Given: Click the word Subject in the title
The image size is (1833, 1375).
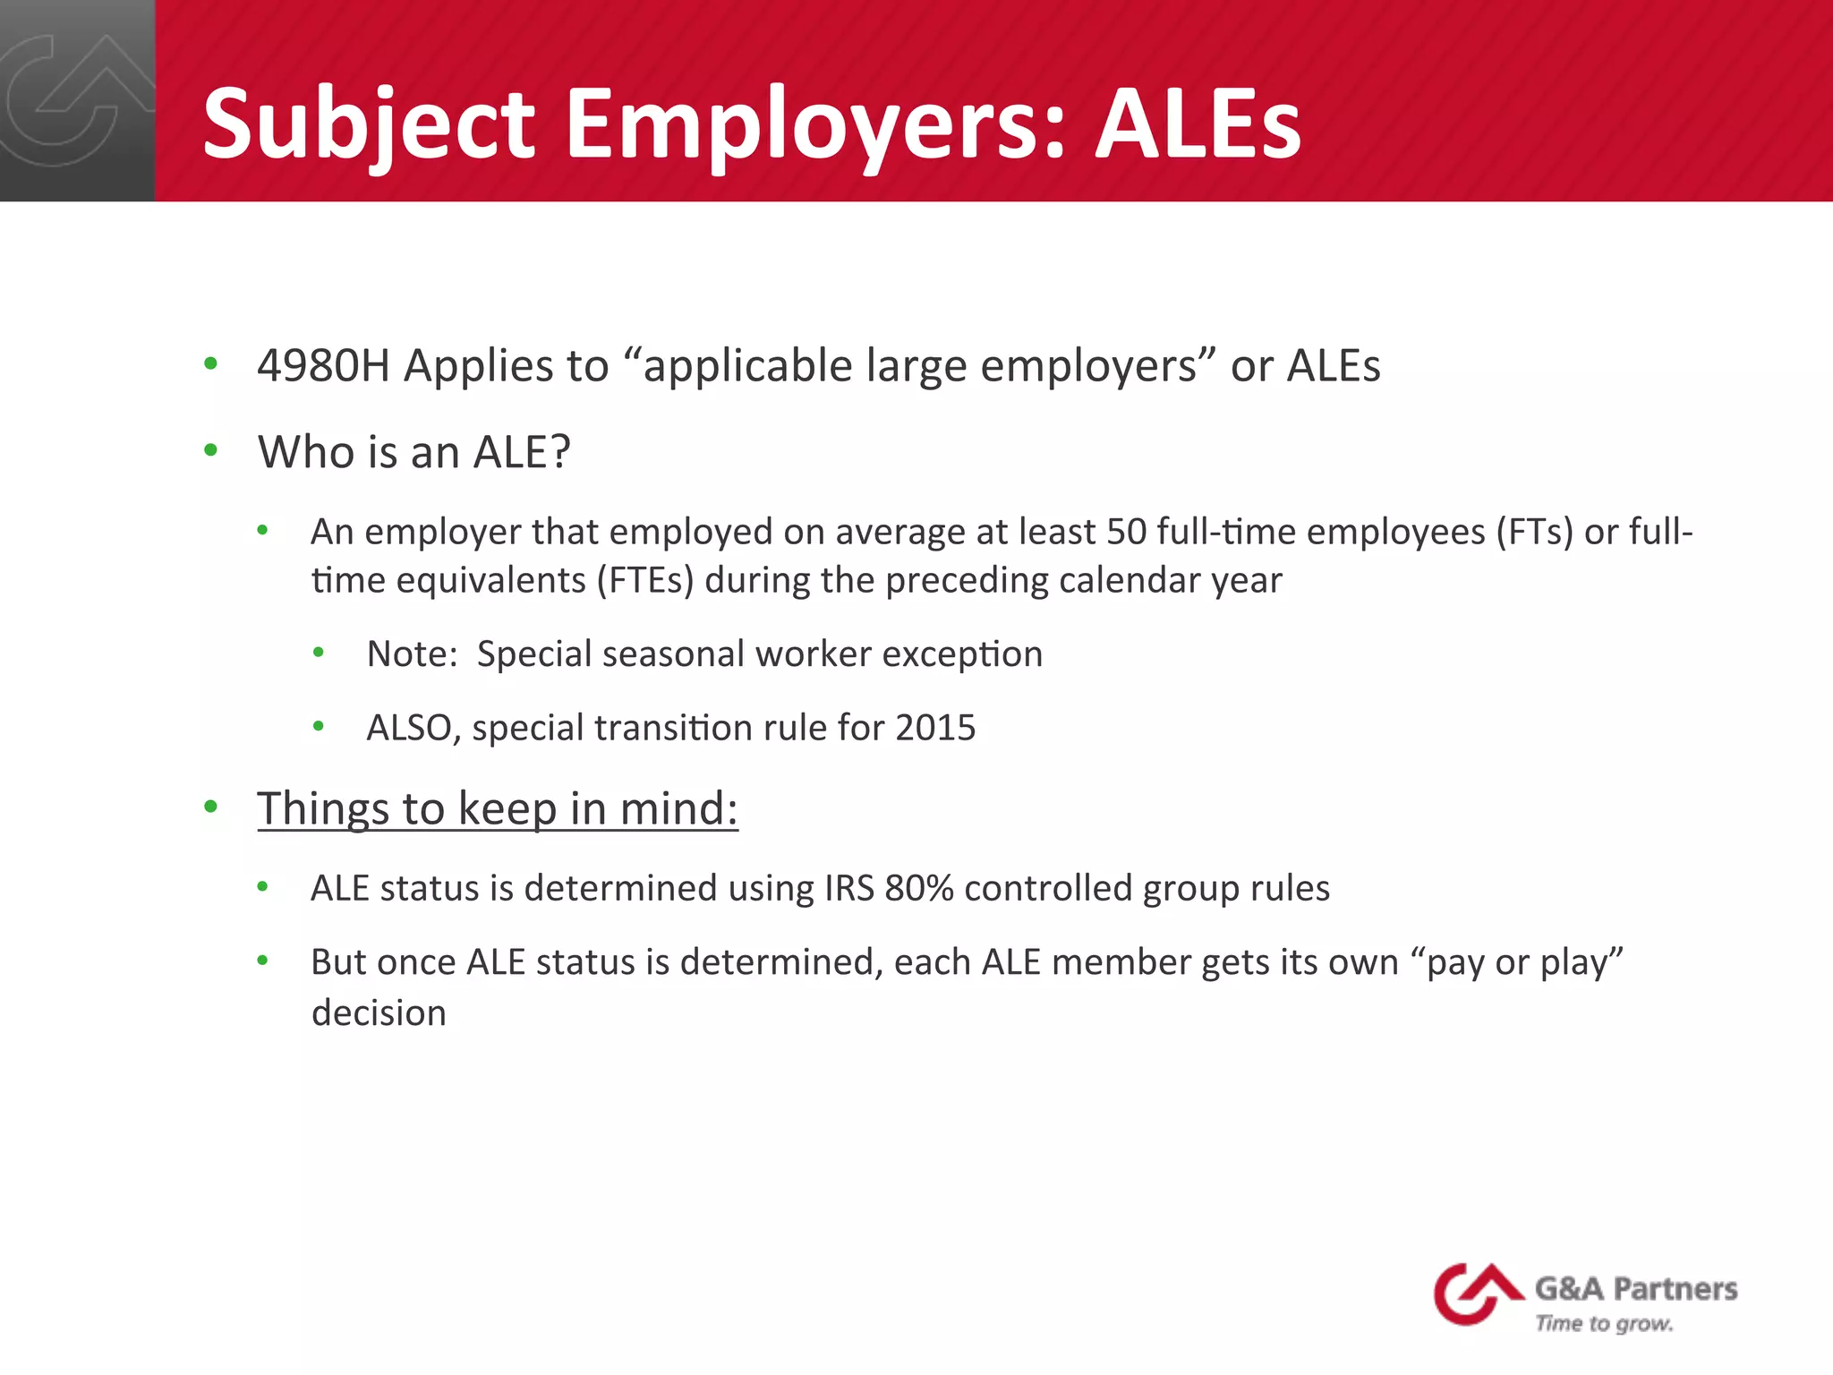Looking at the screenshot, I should point(368,124).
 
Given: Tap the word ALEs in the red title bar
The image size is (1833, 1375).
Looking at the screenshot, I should point(1198,124).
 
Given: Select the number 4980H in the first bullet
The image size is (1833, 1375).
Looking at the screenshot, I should point(323,366).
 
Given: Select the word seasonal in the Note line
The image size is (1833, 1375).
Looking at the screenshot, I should point(673,654).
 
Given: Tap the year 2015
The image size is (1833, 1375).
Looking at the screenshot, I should point(935,728).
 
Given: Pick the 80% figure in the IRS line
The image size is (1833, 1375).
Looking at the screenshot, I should point(918,889).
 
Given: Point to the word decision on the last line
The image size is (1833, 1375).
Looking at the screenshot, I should point(379,1013).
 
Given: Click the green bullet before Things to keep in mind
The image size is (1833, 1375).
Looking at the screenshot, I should point(211,807).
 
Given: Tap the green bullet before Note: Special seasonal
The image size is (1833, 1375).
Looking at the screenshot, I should point(319,653).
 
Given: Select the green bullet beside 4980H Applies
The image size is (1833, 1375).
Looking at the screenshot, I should point(211,363).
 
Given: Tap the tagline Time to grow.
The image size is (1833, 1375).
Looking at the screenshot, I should point(1604,1324).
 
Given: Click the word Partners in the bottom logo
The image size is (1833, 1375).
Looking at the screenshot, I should point(1675,1289).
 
